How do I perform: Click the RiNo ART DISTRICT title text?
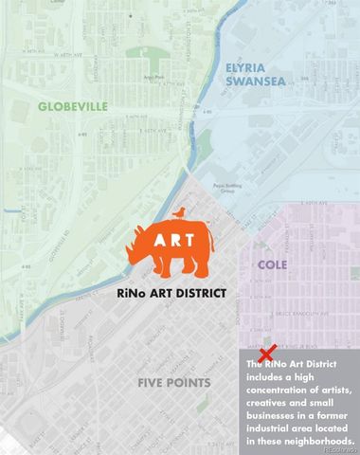click(179, 294)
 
